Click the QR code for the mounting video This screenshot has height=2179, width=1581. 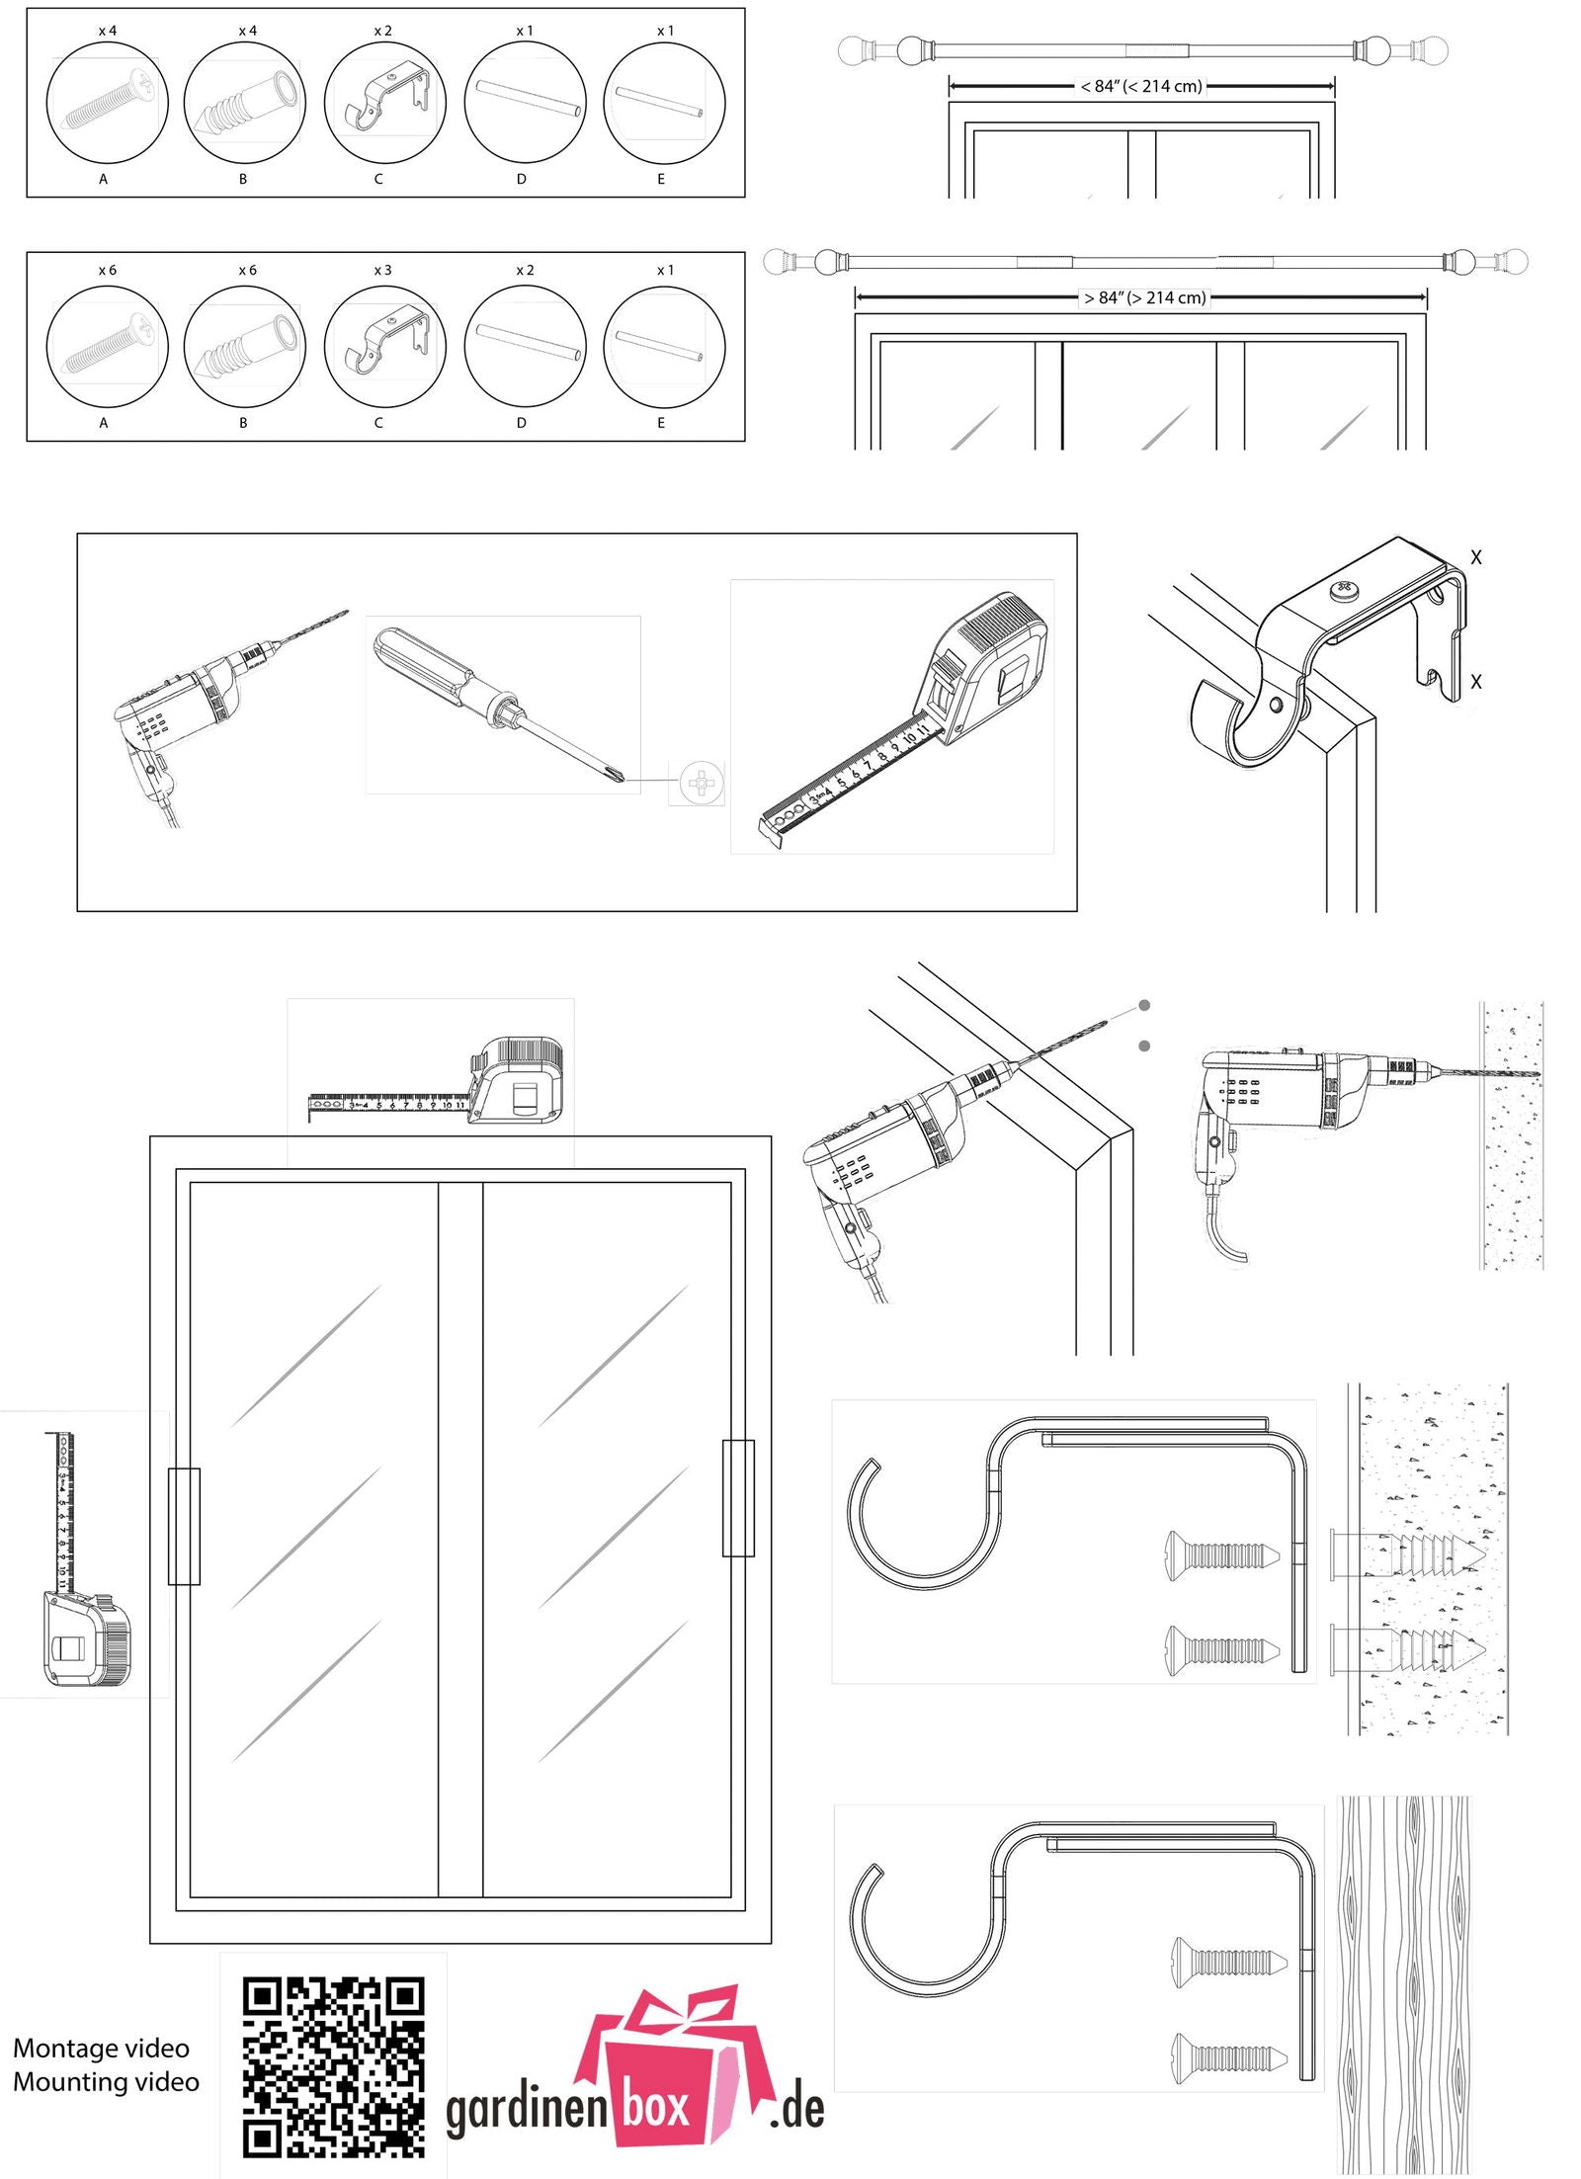click(x=333, y=2065)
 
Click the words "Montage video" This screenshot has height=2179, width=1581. click(x=101, y=2048)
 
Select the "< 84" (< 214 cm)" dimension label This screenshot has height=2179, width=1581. click(x=1141, y=86)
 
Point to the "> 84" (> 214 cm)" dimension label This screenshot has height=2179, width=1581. click(x=1144, y=297)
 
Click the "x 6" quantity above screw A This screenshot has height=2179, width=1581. click(x=107, y=270)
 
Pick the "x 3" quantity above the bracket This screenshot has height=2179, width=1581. click(x=382, y=270)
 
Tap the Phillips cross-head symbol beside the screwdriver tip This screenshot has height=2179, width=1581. click(x=701, y=783)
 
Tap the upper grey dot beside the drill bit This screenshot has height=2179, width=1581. click(x=1144, y=1005)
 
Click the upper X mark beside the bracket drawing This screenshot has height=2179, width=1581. click(x=1475, y=557)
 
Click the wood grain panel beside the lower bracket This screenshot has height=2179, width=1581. click(x=1403, y=1986)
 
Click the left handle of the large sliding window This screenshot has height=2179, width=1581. click(x=184, y=1527)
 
